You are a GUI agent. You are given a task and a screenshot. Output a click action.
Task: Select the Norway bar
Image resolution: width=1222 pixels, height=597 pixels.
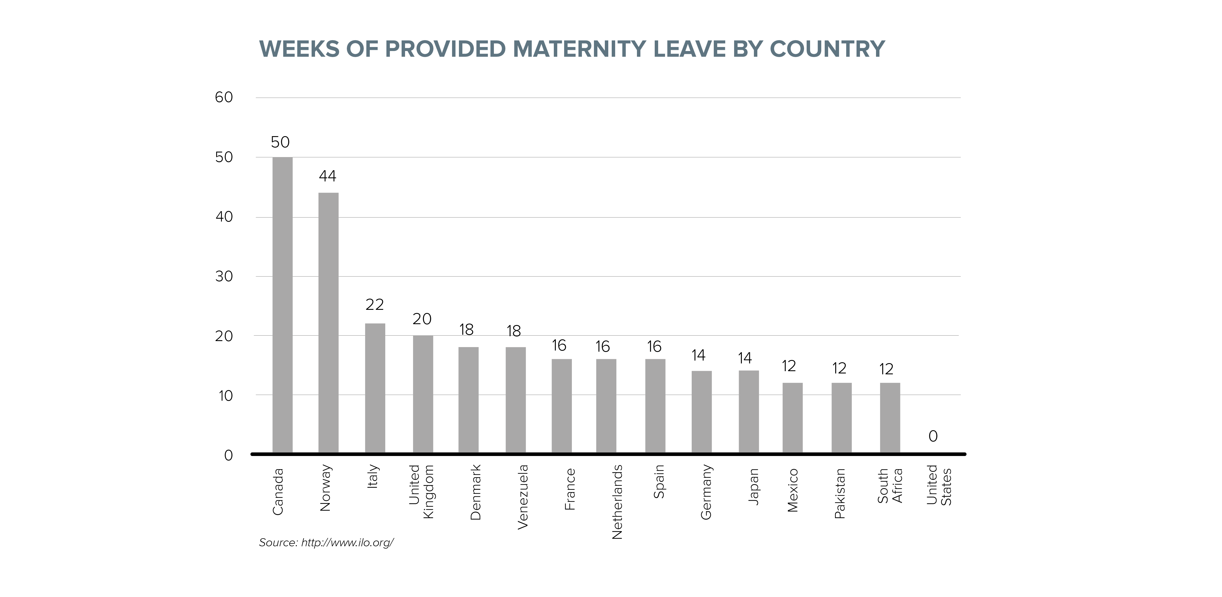point(328,322)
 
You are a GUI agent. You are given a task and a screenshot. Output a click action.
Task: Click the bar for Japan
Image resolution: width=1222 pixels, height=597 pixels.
point(748,412)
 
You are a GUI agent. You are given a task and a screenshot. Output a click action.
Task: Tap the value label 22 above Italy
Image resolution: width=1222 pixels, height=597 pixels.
point(374,304)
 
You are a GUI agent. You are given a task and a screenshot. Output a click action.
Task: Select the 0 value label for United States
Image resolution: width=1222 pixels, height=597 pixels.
point(933,436)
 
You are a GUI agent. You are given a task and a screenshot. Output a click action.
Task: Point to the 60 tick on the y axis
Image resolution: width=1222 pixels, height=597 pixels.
point(224,98)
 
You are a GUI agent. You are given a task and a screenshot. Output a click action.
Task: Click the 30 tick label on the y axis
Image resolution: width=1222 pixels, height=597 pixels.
point(224,277)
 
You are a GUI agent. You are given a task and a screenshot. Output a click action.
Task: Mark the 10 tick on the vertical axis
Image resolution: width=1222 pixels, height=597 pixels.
point(225,396)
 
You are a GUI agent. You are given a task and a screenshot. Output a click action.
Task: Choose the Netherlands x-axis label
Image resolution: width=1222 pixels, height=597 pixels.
point(617,502)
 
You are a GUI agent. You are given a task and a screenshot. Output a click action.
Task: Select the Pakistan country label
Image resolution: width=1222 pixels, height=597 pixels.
point(840,493)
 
